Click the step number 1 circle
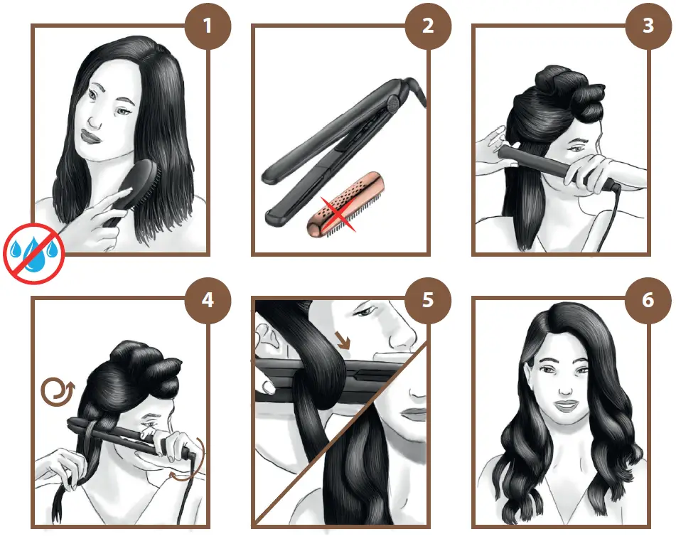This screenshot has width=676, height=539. [x=208, y=26]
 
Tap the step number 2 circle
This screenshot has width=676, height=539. [x=428, y=26]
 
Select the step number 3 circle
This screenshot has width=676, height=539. [x=648, y=26]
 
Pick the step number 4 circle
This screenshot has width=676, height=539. [x=208, y=300]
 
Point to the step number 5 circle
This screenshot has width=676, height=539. [x=428, y=300]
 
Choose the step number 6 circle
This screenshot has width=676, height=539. [x=648, y=300]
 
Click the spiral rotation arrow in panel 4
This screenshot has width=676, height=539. [x=58, y=390]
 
